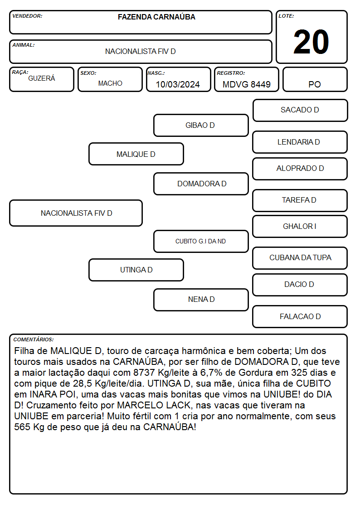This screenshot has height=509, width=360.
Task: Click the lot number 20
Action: pyautogui.click(x=311, y=42)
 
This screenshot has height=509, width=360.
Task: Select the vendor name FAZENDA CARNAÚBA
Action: pyautogui.click(x=156, y=17)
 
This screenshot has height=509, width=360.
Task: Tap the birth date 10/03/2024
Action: pyautogui.click(x=178, y=84)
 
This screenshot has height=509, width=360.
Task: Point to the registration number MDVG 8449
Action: pyautogui.click(x=246, y=84)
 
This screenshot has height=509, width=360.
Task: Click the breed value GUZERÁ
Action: pyautogui.click(x=42, y=78)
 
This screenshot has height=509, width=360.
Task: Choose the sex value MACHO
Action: pyautogui.click(x=110, y=83)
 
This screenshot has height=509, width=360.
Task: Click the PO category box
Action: pyautogui.click(x=315, y=79)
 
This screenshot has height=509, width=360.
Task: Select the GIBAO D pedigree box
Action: pyautogui.click(x=201, y=125)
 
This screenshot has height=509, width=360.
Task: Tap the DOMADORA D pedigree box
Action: pyautogui.click(x=201, y=184)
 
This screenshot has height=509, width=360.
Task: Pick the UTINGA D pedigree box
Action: pyautogui.click(x=136, y=270)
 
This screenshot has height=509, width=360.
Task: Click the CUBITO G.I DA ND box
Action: pyautogui.click(x=201, y=241)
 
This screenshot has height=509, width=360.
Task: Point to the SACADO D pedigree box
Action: pyautogui.click(x=300, y=111)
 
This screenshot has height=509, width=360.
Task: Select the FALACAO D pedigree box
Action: pyautogui.click(x=300, y=316)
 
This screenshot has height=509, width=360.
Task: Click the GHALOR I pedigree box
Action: pyautogui.click(x=300, y=226)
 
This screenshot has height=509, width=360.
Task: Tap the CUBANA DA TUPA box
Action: pyautogui.click(x=300, y=258)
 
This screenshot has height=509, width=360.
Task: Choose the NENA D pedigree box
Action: pyautogui.click(x=201, y=300)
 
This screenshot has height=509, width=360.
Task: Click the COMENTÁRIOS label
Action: pyautogui.click(x=34, y=339)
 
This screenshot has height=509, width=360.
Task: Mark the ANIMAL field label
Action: pyautogui.click(x=24, y=45)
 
